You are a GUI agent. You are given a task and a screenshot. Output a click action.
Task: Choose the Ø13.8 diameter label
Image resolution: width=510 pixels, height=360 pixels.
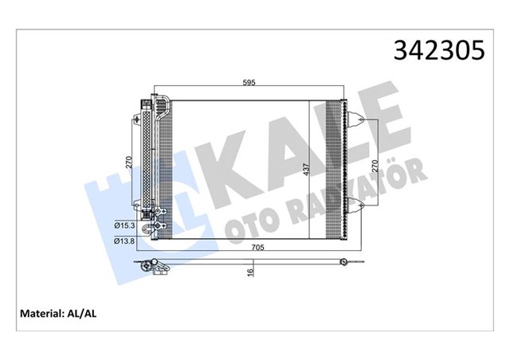[x=124, y=240]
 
